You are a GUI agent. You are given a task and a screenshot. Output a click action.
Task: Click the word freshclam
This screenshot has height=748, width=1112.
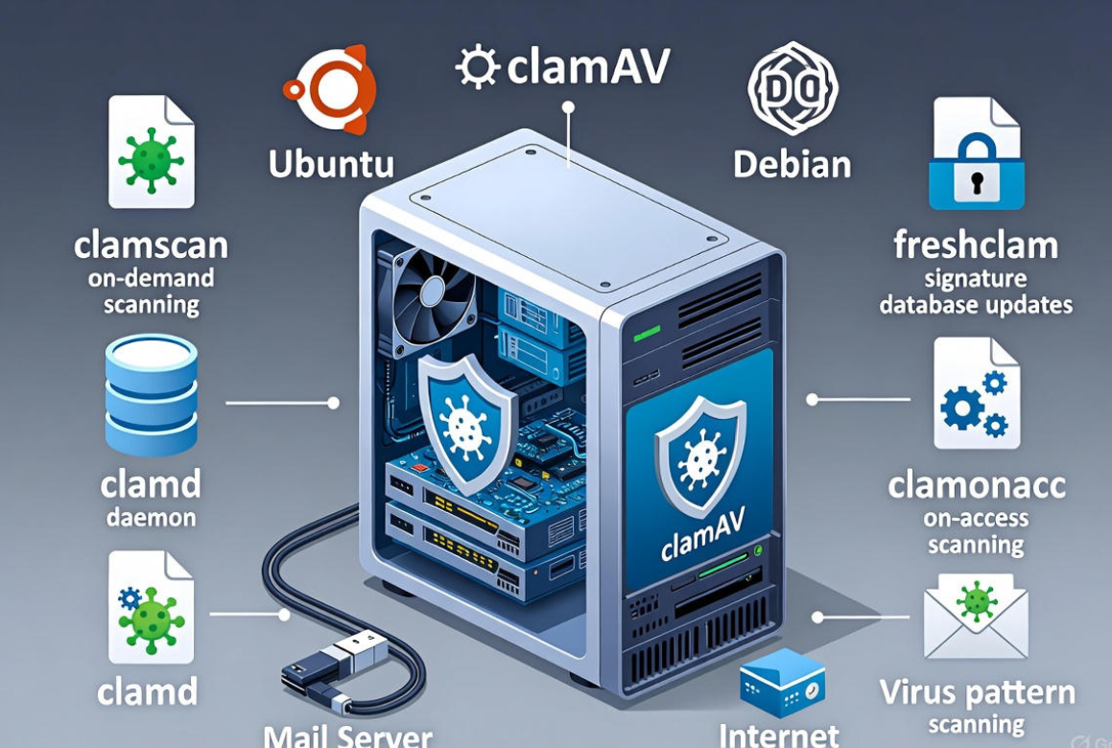pyautogui.click(x=976, y=245)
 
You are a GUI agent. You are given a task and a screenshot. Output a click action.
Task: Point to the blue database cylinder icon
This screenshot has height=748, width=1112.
pyautogui.click(x=151, y=394)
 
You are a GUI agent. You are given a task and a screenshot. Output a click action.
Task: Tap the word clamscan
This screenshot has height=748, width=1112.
pyautogui.click(x=151, y=245)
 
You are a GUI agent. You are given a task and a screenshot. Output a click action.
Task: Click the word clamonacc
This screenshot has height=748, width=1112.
pyautogui.click(x=976, y=485)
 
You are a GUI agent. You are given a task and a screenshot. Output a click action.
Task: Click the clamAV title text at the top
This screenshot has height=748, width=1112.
pyautogui.click(x=562, y=67)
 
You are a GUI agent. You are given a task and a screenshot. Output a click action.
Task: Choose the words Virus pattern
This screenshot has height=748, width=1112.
pyautogui.click(x=976, y=693)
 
